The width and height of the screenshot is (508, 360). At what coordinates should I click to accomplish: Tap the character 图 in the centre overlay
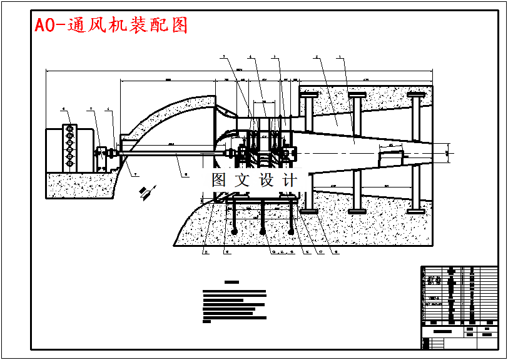pyautogui.click(x=219, y=180)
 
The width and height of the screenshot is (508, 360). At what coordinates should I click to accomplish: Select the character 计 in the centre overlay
pyautogui.click(x=290, y=180)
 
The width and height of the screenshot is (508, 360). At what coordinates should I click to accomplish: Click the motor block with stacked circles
pyautogui.click(x=69, y=149)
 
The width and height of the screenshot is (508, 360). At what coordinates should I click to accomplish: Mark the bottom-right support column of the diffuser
pyautogui.click(x=415, y=187)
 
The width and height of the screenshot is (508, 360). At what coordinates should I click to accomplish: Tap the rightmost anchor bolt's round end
pyautogui.click(x=292, y=231)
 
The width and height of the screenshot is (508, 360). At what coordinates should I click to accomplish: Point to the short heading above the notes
pyautogui.click(x=232, y=282)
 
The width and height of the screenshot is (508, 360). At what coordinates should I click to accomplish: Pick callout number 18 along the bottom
pyautogui.click(x=337, y=252)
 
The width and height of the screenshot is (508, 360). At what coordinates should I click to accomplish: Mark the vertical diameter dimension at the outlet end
pyautogui.click(x=447, y=152)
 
